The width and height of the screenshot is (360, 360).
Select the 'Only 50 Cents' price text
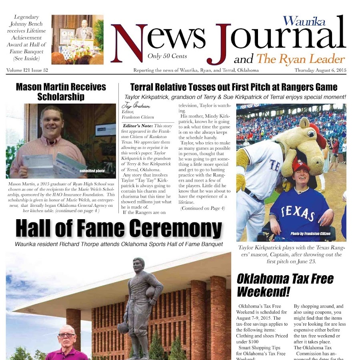[x=167, y=56]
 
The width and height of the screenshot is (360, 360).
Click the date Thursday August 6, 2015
[x=320, y=70]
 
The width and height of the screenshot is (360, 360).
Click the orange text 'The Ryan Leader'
[x=300, y=60]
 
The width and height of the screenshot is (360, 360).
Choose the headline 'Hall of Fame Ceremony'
[x=119, y=229]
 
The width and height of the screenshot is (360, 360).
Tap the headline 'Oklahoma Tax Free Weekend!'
[x=285, y=284]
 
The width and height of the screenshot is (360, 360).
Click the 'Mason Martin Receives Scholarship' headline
[x=61, y=92]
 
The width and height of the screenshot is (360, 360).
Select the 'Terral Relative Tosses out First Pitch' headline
[x=234, y=87]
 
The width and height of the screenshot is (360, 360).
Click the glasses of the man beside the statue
[x=66, y=335]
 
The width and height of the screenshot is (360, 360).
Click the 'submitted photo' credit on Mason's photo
[x=92, y=171]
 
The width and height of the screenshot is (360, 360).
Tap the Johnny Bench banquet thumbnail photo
[x=77, y=39]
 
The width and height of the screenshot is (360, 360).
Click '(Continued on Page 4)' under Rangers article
[x=202, y=208]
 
